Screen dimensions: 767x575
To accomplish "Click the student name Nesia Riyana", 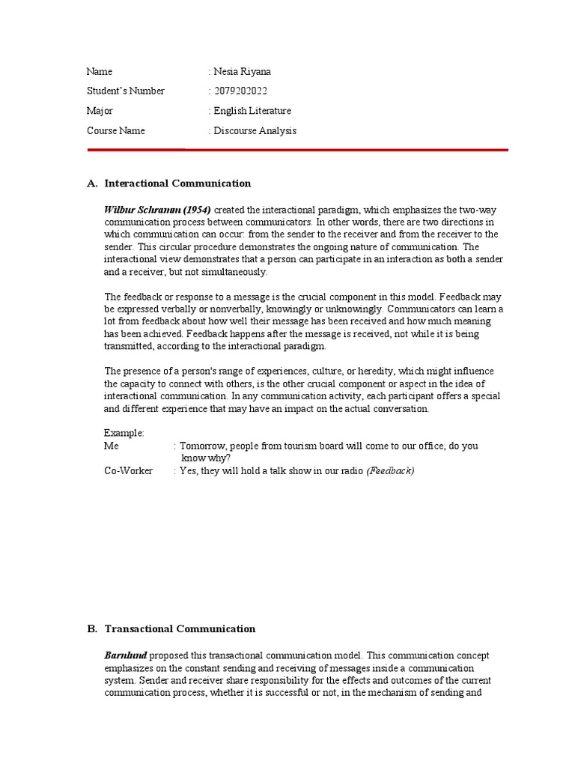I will coord(243,72).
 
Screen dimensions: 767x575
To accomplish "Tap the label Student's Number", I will coord(125,91).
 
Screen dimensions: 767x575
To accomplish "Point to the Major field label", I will coord(99,111).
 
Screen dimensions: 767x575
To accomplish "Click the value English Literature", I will coord(252,111).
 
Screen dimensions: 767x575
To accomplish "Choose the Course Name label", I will coord(115,131).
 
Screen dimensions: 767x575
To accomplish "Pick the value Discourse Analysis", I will coord(255,131).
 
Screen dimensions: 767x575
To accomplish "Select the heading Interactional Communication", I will coord(177,184).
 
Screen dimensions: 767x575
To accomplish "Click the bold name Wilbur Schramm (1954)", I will coord(157,210).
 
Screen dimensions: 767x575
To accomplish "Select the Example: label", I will coord(124,434).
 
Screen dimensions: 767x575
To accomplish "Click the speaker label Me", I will coord(112,446).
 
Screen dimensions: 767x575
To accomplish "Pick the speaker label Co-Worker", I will coord(128,471).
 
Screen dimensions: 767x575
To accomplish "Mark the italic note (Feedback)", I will coord(389,471).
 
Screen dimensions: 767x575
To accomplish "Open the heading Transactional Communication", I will coord(180,629).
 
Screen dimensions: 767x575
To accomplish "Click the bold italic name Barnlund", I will coord(125,655).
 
